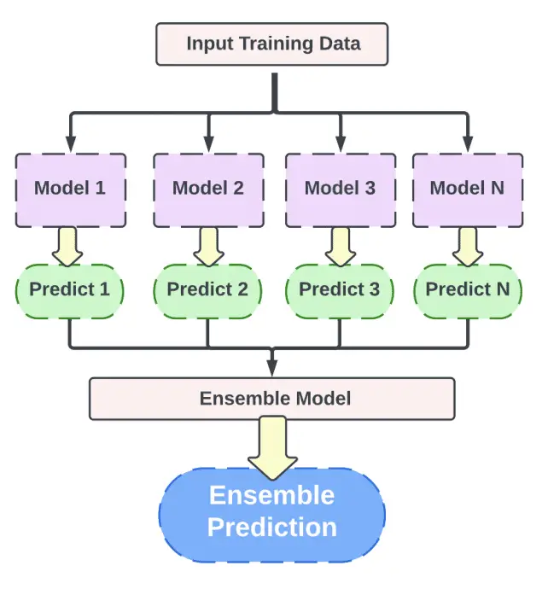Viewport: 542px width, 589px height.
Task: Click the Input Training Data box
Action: click(x=272, y=44)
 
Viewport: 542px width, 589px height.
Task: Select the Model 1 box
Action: click(x=71, y=190)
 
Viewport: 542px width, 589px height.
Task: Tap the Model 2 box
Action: click(x=208, y=190)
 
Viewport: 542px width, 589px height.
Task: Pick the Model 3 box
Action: click(x=341, y=190)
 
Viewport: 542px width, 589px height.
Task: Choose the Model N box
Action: click(x=468, y=190)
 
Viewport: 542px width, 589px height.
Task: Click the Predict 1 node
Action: click(x=70, y=291)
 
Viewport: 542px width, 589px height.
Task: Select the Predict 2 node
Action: click(x=207, y=291)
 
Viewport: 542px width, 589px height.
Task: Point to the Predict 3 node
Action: click(x=340, y=291)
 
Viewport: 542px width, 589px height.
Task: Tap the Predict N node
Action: click(x=468, y=291)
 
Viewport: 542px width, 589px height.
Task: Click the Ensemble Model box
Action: click(x=272, y=399)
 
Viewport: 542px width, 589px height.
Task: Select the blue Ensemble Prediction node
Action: click(x=272, y=515)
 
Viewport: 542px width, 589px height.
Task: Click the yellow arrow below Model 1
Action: click(x=67, y=247)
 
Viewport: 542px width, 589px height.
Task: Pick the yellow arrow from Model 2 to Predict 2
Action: click(x=208, y=247)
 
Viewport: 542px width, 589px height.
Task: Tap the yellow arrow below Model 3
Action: click(x=341, y=247)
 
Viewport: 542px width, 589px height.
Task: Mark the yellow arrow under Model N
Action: click(x=468, y=247)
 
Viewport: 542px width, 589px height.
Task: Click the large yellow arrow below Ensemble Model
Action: click(x=272, y=448)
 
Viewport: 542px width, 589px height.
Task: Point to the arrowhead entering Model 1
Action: click(x=71, y=144)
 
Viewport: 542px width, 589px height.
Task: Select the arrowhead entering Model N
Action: click(x=468, y=144)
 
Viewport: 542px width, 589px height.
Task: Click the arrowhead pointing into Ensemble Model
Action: click(x=272, y=368)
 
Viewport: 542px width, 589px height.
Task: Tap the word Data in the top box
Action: click(x=340, y=44)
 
